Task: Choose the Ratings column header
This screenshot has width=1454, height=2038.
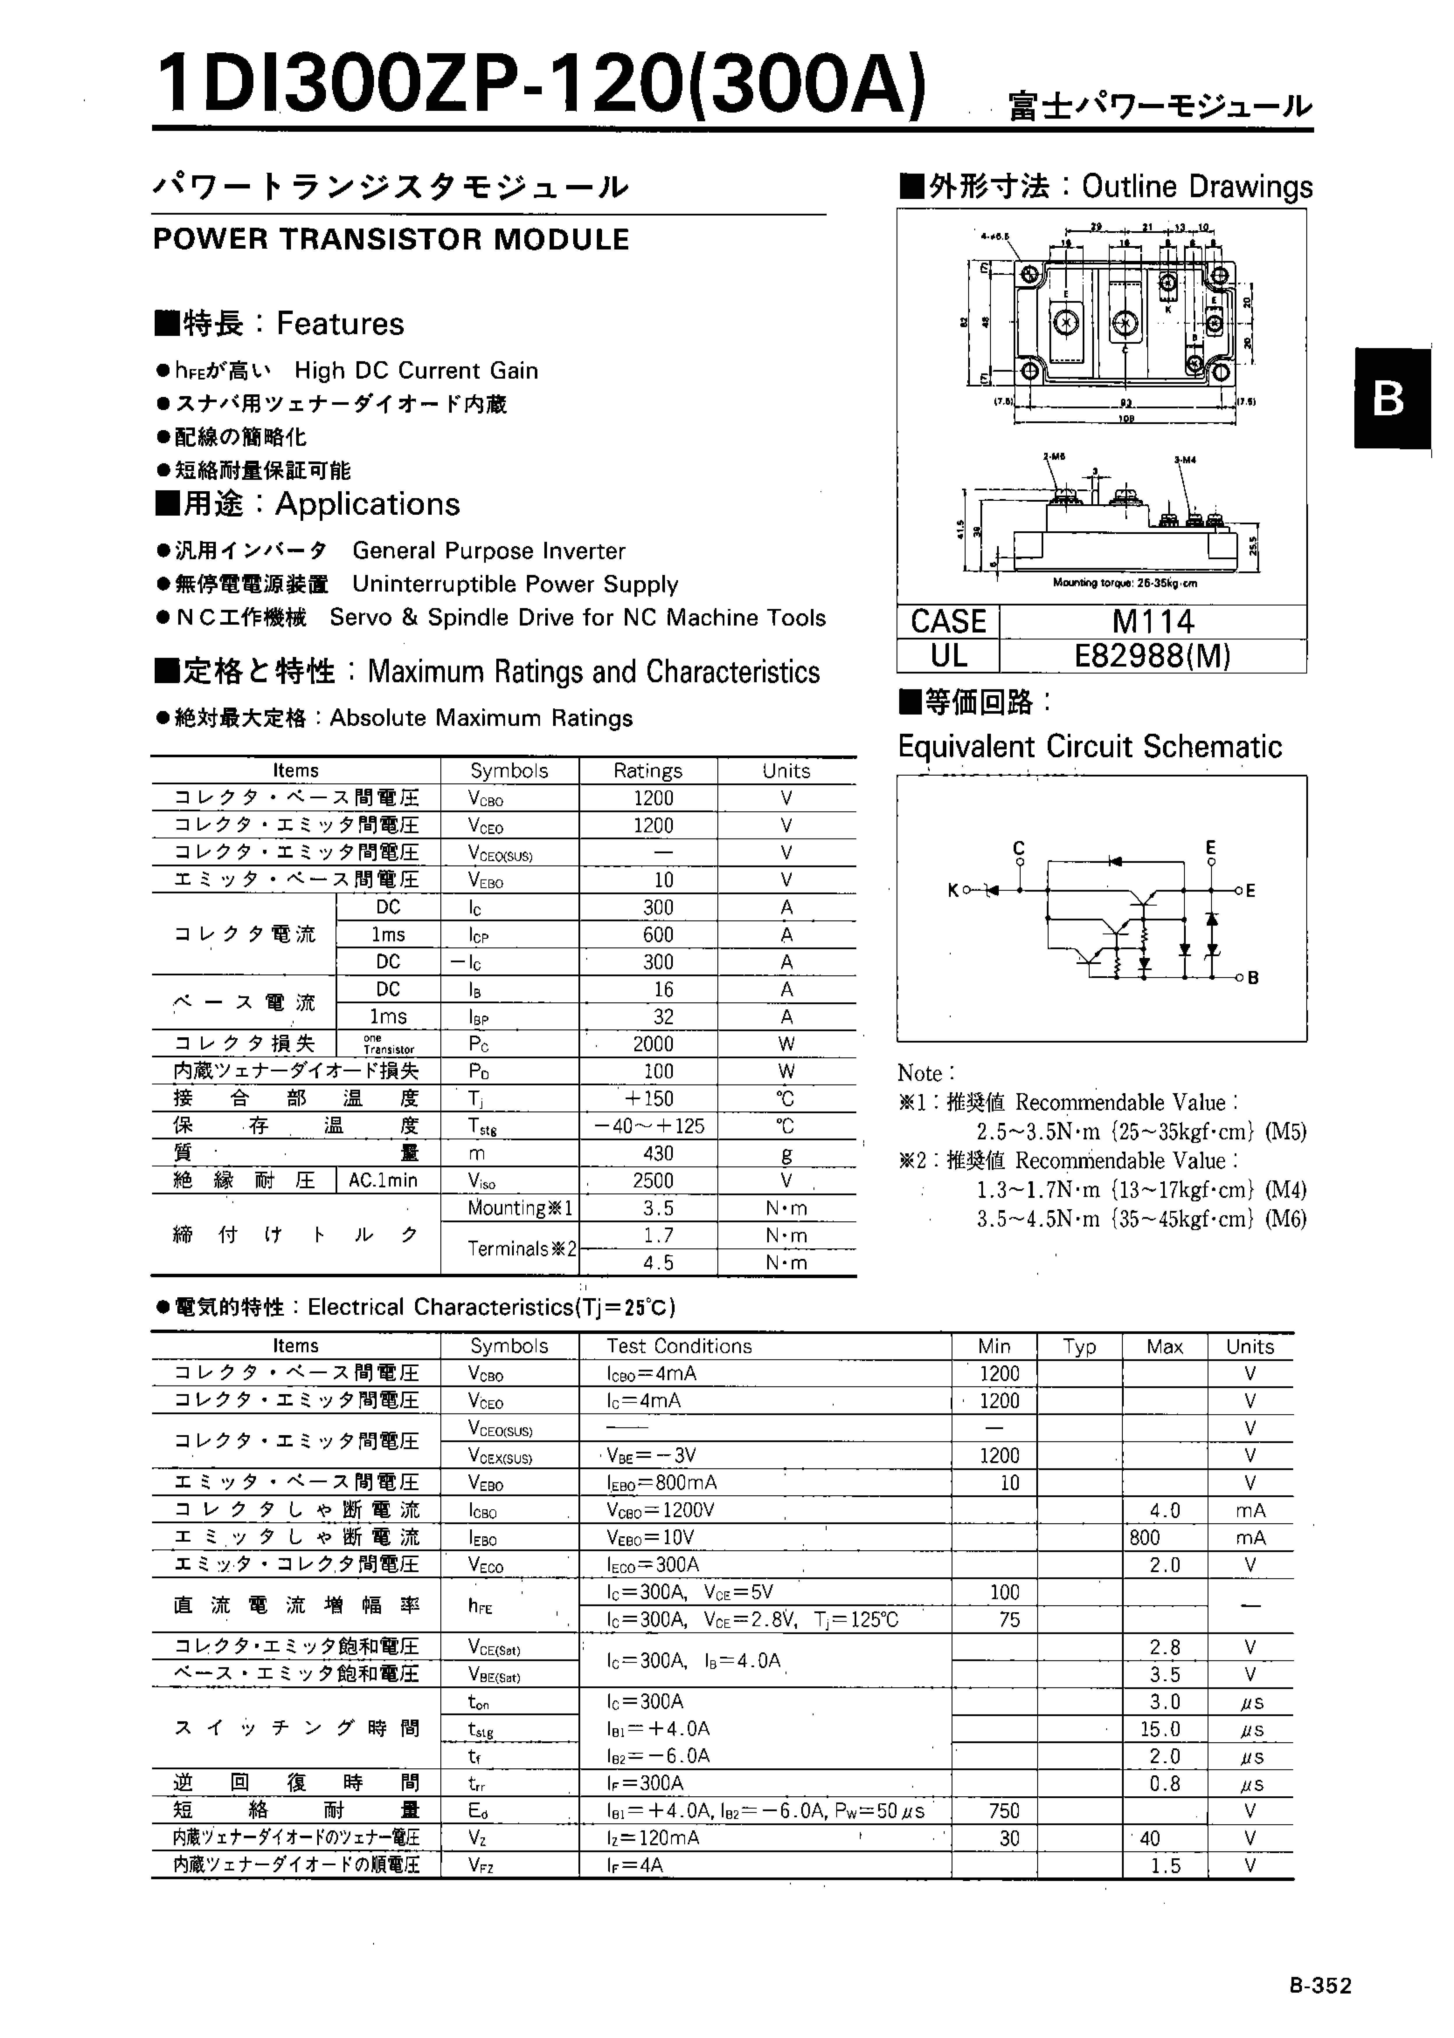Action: click(647, 771)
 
